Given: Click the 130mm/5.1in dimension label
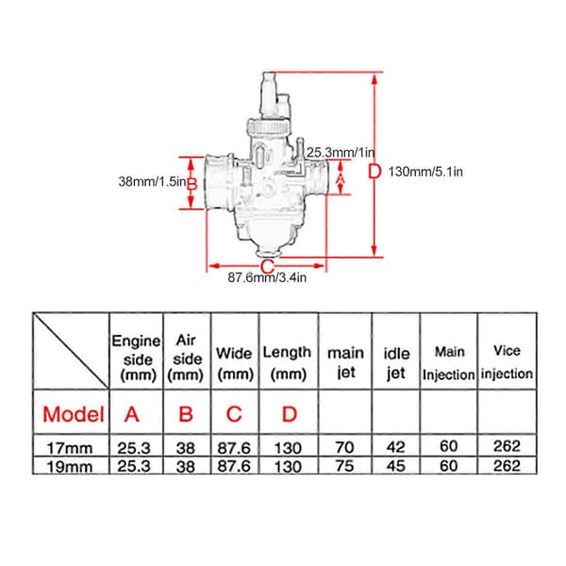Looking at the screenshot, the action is click(x=425, y=172).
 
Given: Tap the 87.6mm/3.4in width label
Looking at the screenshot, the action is click(x=267, y=277).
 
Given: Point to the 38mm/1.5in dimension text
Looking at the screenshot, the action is click(x=152, y=181).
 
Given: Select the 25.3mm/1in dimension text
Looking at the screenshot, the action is click(x=341, y=152).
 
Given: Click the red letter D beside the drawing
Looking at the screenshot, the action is click(x=375, y=172).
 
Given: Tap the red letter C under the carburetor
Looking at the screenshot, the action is click(x=268, y=267).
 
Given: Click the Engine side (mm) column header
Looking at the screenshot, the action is click(x=136, y=358).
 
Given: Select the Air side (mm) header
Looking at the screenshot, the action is click(x=186, y=358).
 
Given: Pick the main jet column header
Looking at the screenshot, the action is click(x=345, y=362).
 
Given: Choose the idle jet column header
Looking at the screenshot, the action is click(x=396, y=363).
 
